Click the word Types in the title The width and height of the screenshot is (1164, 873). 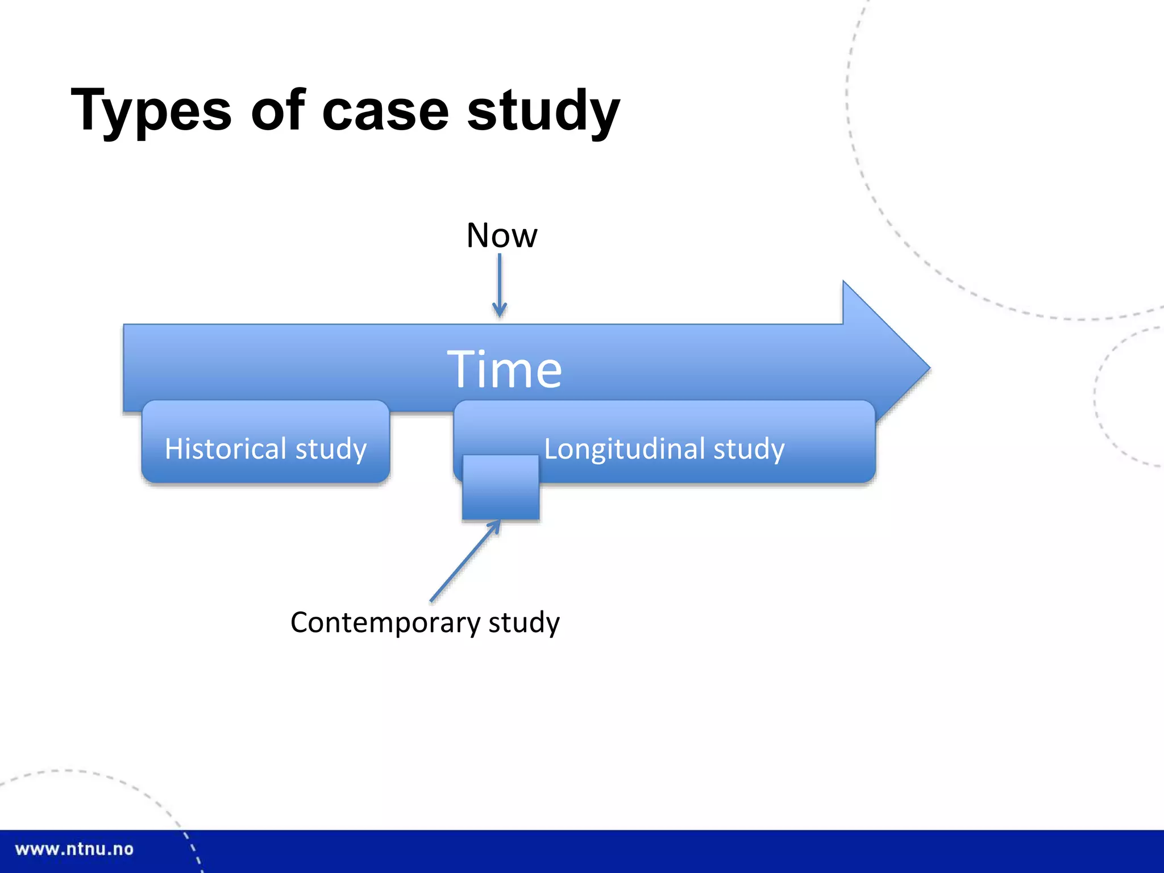tap(151, 111)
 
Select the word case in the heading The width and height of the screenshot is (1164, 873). tap(385, 111)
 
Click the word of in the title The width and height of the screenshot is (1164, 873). tap(277, 111)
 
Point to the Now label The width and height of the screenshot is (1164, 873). tap(501, 235)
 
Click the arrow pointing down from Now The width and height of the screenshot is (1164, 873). tap(500, 284)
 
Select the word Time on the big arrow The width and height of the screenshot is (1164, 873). tap(504, 369)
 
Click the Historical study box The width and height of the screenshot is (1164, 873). tap(265, 442)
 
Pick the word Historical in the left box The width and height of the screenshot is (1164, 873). tap(225, 448)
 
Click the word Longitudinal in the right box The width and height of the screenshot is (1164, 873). tap(625, 448)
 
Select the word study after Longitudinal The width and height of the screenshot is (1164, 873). tap(749, 448)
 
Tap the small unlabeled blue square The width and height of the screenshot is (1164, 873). tap(500, 487)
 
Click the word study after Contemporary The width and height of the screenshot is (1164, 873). tap(523, 622)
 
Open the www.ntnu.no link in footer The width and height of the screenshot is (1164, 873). tap(74, 849)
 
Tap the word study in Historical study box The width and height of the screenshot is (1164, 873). tap(331, 448)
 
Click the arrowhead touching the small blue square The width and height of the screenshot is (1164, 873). tap(496, 526)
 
